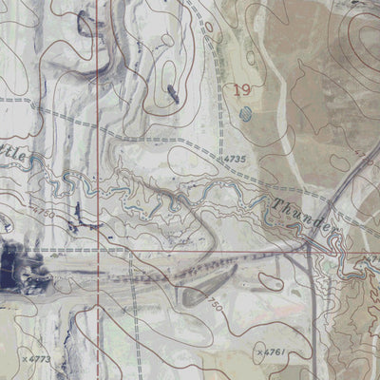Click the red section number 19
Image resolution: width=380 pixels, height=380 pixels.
(241, 90)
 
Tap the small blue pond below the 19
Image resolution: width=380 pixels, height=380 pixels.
(246, 114)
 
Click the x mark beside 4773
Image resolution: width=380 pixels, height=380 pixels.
(24, 359)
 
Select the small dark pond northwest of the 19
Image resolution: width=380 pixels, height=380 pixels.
(173, 92)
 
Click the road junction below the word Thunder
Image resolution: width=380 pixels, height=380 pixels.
(309, 246)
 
